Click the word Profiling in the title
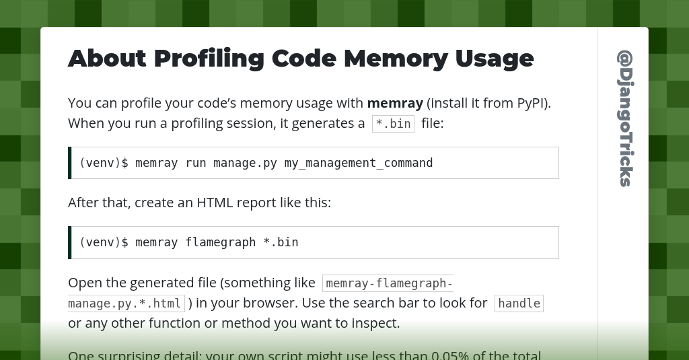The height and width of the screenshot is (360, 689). pos(209,59)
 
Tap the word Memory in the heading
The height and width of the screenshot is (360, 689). pos(395,59)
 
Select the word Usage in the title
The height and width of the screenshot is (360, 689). pos(495,59)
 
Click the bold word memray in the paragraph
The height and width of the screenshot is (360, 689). pos(395,103)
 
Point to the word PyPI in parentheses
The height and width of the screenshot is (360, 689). pos(532,103)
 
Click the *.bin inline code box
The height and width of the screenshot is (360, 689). pos(393,124)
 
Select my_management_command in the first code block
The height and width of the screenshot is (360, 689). pos(359,163)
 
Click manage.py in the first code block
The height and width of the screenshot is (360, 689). pos(245,163)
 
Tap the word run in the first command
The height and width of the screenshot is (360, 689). pos(196,163)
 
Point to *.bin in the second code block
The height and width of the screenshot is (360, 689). pos(281,242)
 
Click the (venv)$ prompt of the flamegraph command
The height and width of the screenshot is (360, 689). pos(104,242)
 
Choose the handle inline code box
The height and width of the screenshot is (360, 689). pos(519,303)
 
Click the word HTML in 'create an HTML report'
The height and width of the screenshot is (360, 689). pos(214,203)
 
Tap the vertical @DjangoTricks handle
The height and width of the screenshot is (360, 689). pos(625,118)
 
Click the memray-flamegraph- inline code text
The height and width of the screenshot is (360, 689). pos(388,283)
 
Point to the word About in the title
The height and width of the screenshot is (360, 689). pos(107,59)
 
